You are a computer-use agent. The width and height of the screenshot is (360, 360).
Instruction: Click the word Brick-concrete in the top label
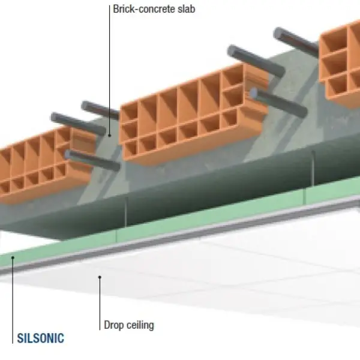tap(137, 10)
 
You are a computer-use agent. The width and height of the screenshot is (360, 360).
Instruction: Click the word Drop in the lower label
tap(115, 326)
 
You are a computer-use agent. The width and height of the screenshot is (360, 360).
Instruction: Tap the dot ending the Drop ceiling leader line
tap(100, 277)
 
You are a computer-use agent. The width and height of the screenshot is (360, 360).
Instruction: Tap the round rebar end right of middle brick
tap(256, 94)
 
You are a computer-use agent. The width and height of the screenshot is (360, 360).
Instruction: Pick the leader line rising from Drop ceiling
tap(100, 300)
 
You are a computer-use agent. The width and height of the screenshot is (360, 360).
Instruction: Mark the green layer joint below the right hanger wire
tap(305, 197)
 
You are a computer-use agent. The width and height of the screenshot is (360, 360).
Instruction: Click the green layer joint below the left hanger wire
tap(118, 236)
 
